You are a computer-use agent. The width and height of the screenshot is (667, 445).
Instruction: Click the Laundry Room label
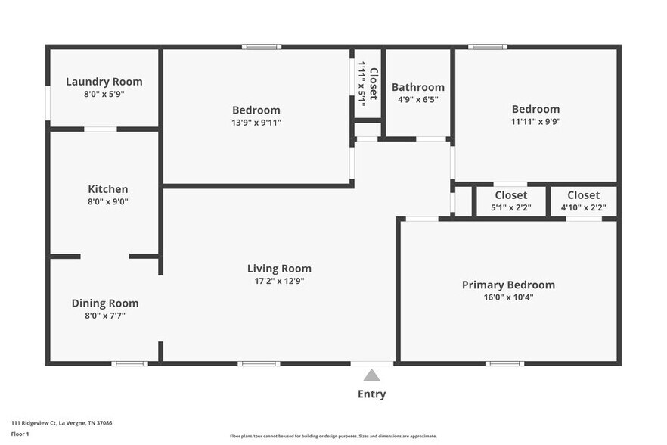click(x=104, y=82)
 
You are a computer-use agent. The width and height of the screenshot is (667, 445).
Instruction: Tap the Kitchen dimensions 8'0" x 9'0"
click(x=108, y=201)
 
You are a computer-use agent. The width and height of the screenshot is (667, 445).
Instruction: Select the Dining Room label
click(x=105, y=303)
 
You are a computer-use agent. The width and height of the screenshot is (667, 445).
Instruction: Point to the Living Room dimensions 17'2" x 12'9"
click(x=279, y=281)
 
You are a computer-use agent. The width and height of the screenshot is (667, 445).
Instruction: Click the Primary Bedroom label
click(x=508, y=285)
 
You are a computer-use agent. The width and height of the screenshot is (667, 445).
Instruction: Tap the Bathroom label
click(x=417, y=87)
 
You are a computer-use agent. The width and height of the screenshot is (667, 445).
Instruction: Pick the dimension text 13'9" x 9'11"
click(x=256, y=122)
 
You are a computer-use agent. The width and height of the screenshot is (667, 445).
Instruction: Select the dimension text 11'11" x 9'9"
click(x=535, y=121)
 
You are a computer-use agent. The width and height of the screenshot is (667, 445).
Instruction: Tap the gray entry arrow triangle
click(x=371, y=375)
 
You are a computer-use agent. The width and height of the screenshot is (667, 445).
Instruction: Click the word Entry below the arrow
click(x=371, y=394)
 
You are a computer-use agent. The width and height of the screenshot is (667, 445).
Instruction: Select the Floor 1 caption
click(x=20, y=434)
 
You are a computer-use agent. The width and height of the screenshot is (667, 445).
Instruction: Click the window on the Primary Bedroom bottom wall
click(x=504, y=364)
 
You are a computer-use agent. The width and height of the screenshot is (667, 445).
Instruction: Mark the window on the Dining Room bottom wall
click(x=129, y=364)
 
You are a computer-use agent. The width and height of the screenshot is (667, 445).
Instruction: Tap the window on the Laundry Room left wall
click(x=48, y=103)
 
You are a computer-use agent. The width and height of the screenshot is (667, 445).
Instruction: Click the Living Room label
click(x=279, y=269)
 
